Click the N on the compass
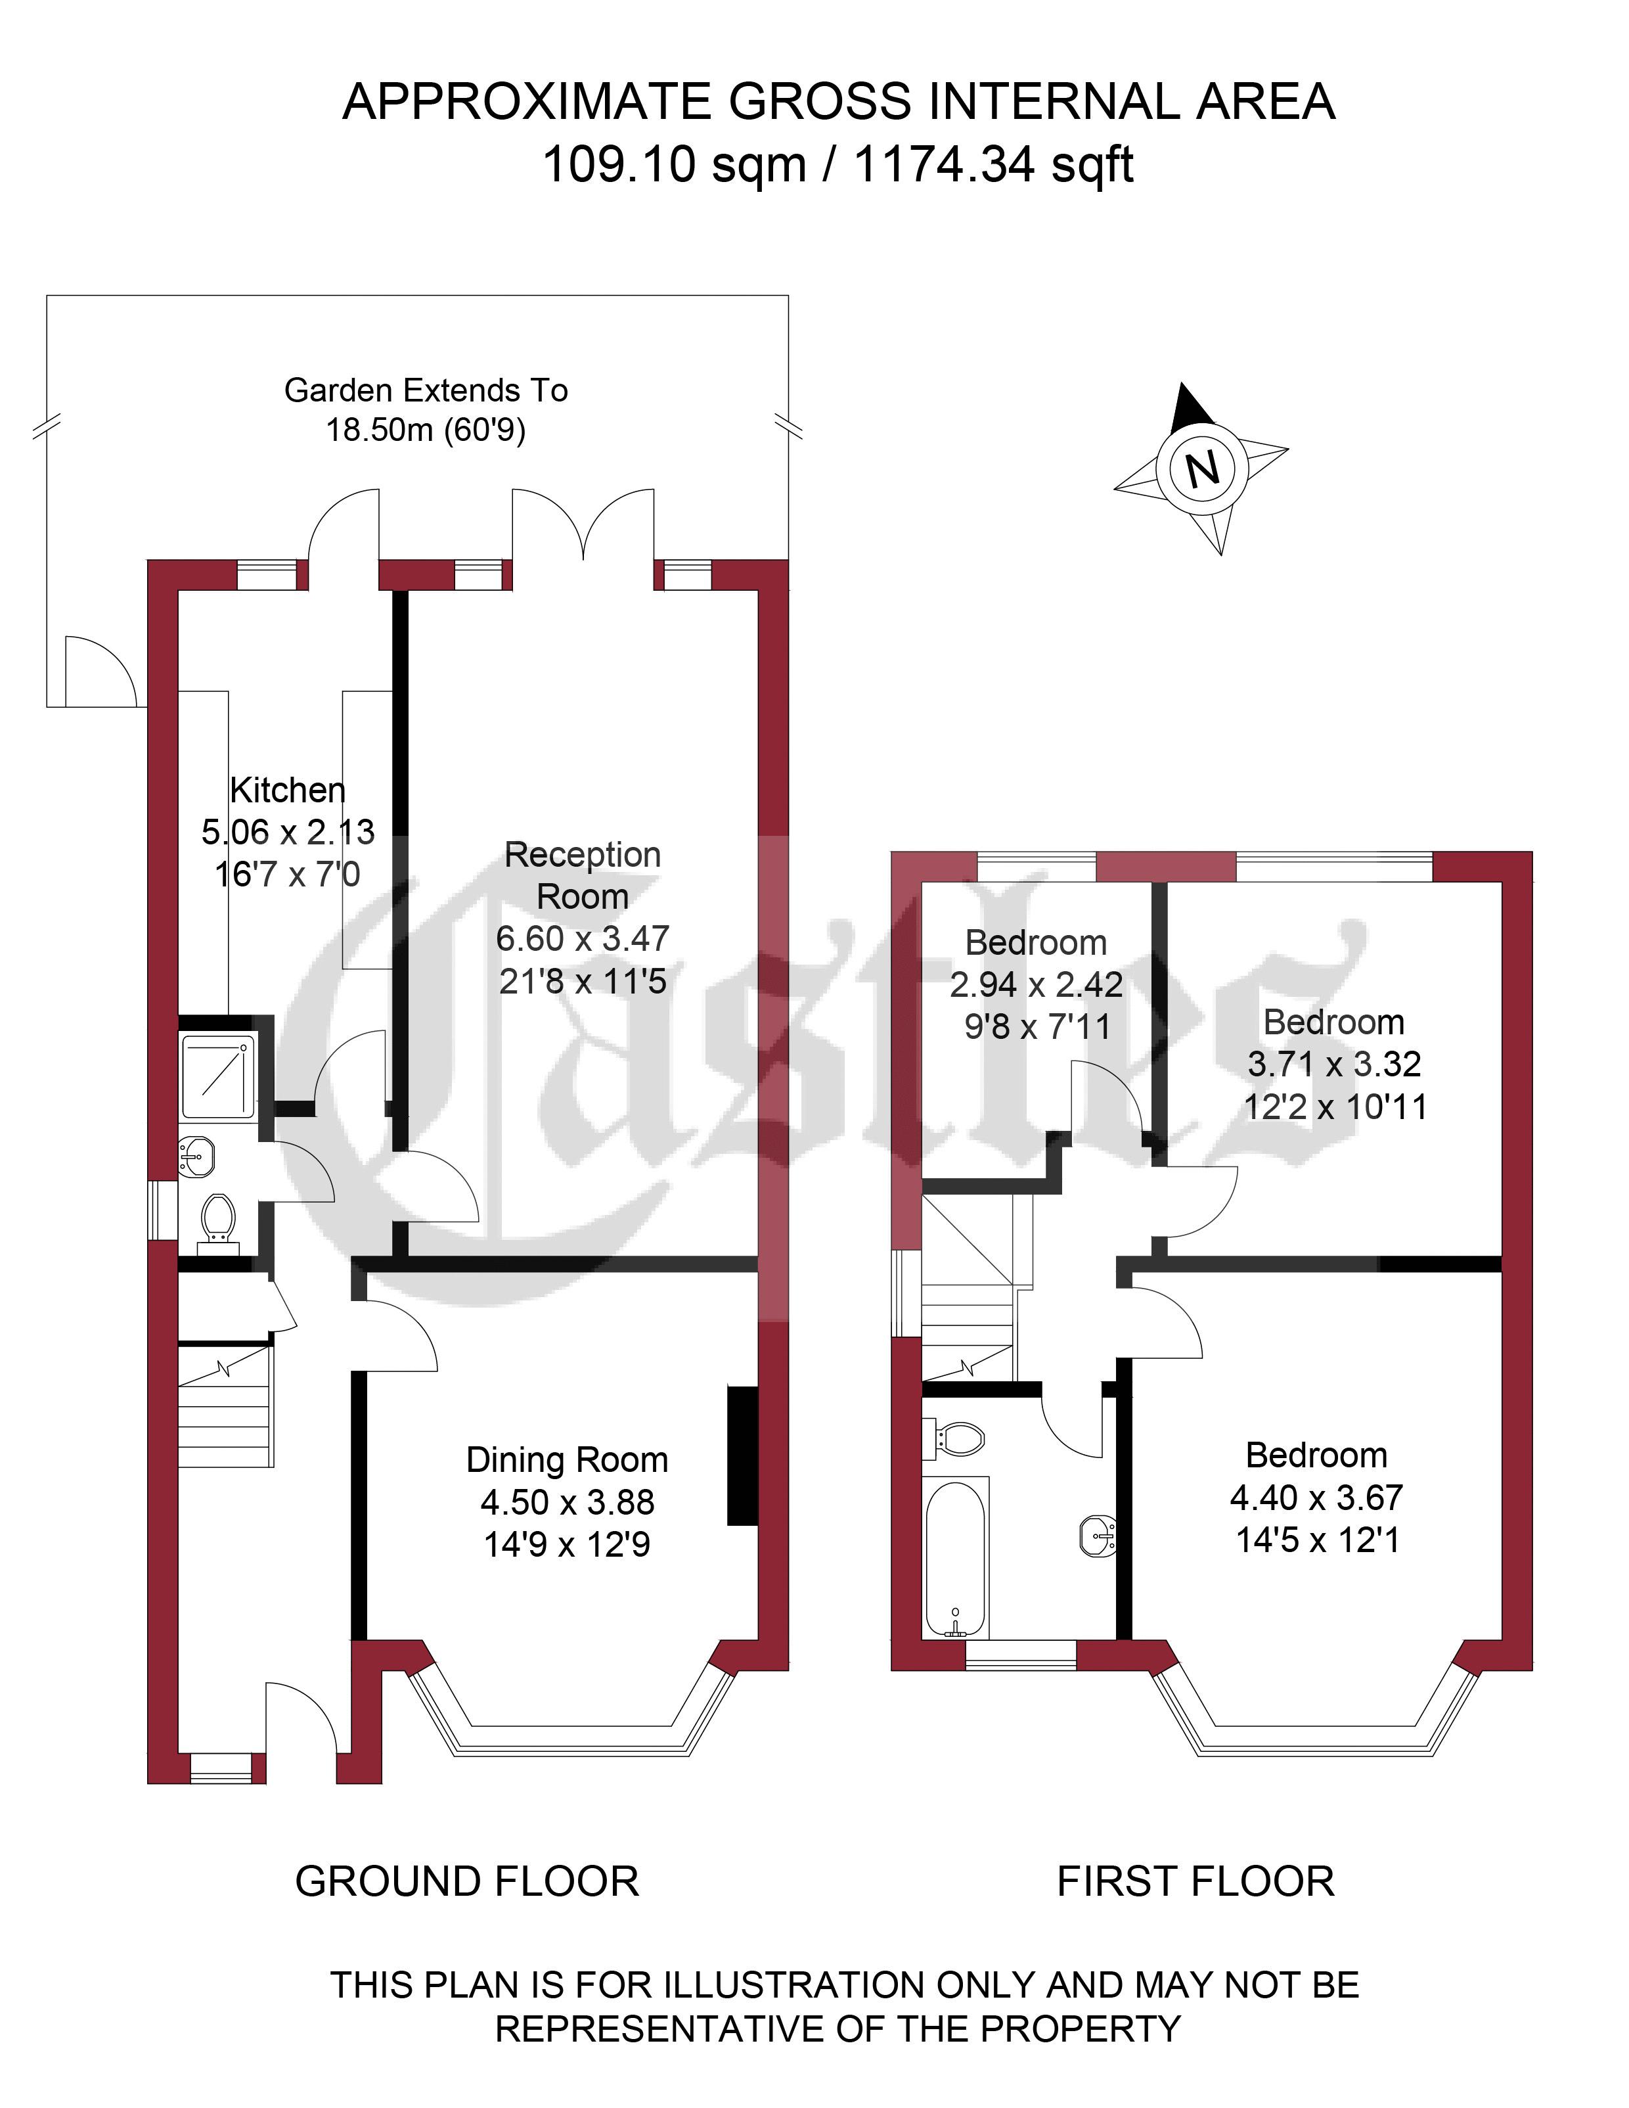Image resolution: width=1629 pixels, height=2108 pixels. point(1203,469)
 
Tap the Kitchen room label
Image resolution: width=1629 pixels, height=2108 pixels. point(288,790)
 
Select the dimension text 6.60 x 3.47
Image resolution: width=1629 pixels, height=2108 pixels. point(583,938)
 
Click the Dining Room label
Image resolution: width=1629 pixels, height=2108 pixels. point(568,1460)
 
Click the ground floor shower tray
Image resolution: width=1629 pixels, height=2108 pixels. point(217,1076)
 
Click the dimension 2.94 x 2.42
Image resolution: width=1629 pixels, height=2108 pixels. point(1037,984)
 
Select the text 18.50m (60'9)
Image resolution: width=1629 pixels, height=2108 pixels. point(426,430)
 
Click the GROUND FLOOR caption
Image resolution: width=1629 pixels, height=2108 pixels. point(467,1881)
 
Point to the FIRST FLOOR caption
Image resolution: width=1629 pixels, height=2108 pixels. point(1195,1881)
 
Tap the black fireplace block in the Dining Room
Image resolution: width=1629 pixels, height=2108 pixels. point(742,1455)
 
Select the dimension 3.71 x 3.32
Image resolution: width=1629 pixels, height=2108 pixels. point(1335,1064)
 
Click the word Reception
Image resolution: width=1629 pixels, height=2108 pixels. point(583,855)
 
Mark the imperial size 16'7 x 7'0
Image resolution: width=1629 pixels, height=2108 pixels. point(288,875)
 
